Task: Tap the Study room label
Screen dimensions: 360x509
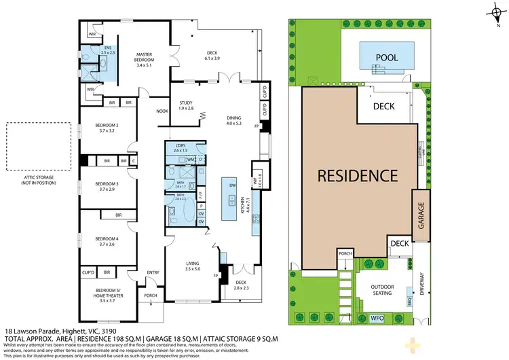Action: pyautogui.click(x=185, y=105)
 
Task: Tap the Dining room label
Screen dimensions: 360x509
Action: pyautogui.click(x=233, y=120)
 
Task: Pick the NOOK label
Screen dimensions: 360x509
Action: pyautogui.click(x=162, y=111)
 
